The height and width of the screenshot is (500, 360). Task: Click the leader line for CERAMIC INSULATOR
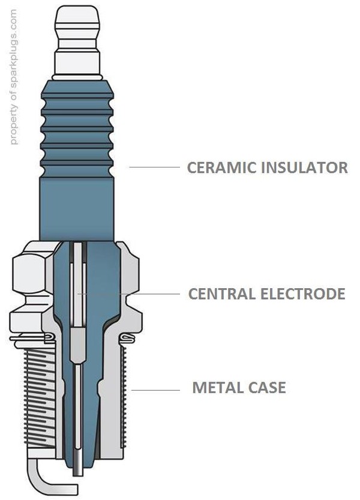click(155, 167)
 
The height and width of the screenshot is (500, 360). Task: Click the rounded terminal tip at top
click(76, 18)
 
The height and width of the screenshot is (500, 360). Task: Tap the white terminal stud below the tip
click(76, 60)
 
